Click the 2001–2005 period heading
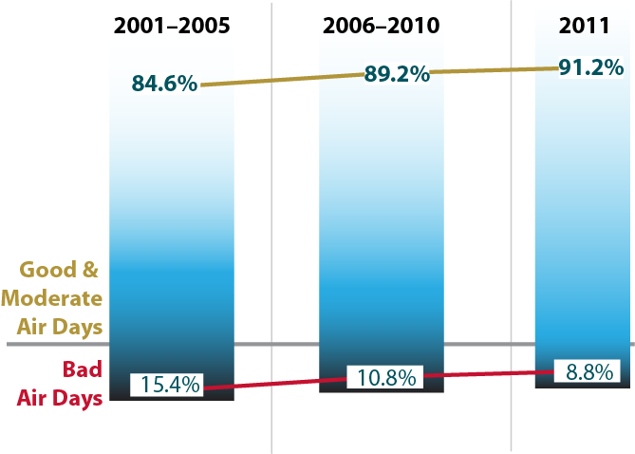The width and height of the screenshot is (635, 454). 171,27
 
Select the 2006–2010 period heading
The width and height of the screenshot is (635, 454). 381,27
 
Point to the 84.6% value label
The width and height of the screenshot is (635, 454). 164,84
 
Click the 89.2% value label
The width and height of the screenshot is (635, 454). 398,74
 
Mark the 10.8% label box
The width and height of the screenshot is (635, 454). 387,377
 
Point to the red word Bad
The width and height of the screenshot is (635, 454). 82,369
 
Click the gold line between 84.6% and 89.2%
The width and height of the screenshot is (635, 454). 282,80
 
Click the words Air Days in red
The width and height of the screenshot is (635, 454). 60,397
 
